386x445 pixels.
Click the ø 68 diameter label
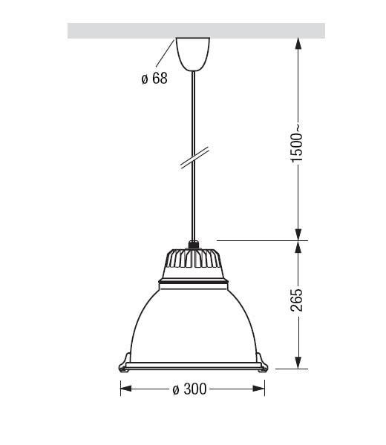154,79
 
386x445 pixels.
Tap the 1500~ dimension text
296,143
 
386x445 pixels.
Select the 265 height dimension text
296,300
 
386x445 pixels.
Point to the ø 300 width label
189,389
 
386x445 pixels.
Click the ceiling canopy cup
193,54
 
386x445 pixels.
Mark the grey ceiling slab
196,30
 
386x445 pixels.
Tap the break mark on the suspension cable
194,158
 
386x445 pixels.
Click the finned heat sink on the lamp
193,258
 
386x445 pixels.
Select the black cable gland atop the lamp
194,245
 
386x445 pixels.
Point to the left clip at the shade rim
124,363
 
